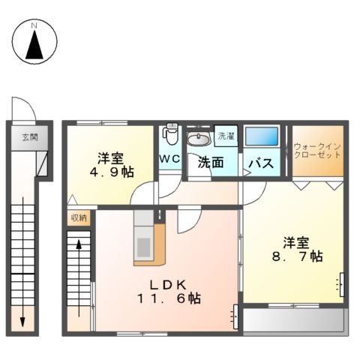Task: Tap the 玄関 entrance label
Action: tap(29, 137)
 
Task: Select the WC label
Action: tap(169, 159)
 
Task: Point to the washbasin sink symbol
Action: tap(199, 139)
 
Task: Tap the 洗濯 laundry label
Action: tap(225, 137)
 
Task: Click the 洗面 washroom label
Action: tap(211, 161)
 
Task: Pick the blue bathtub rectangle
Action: tap(262, 137)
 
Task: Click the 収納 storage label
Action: tap(78, 217)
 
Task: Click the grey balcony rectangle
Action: tap(293, 320)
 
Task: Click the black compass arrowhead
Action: tap(34, 46)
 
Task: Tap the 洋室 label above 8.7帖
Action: tap(296, 242)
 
